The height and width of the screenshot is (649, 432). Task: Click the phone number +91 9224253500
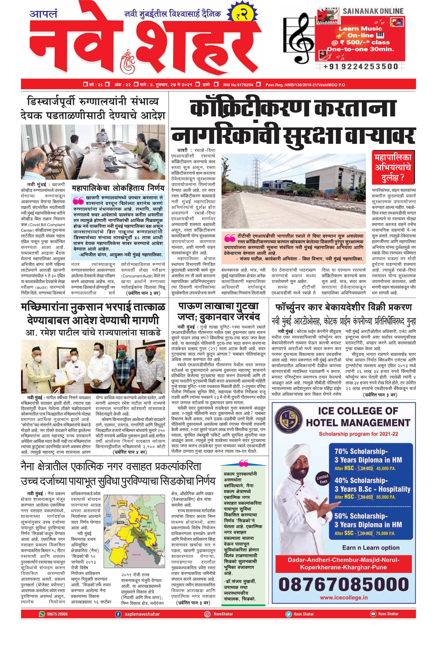tap(361, 66)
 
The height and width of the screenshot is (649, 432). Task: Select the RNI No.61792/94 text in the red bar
tap(238, 85)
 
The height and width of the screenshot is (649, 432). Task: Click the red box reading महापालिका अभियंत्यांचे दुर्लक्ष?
tap(392, 167)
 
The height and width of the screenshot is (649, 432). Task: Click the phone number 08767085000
tap(344, 584)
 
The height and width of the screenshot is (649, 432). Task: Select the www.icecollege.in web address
tap(344, 598)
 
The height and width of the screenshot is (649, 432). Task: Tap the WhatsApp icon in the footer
tap(42, 614)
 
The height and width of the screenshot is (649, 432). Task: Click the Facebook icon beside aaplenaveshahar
tap(118, 614)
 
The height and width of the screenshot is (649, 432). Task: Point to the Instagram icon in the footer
tap(207, 614)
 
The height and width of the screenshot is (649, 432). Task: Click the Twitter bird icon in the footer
tap(288, 614)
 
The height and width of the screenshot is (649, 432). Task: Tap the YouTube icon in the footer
tap(373, 614)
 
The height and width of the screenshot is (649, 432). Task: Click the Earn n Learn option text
tap(371, 548)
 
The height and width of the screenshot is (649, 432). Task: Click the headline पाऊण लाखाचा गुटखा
tap(219, 306)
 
